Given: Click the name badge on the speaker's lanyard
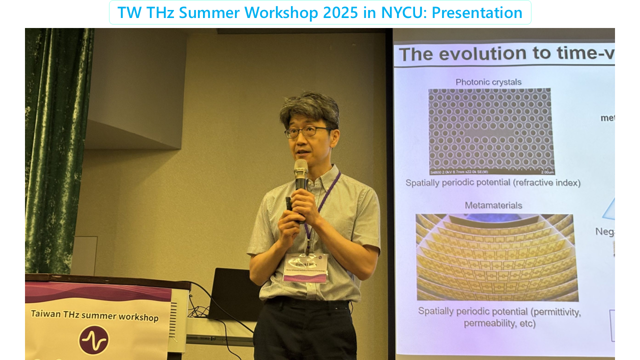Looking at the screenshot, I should [305, 267].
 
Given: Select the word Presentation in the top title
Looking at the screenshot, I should [477, 12].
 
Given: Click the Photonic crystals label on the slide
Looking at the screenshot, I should [488, 82].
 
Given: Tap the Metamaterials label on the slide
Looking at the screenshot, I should [493, 205].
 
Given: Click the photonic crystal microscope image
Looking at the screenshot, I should [490, 131].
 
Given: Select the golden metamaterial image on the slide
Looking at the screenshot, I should [496, 257].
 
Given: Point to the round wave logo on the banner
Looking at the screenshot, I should [93, 340].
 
